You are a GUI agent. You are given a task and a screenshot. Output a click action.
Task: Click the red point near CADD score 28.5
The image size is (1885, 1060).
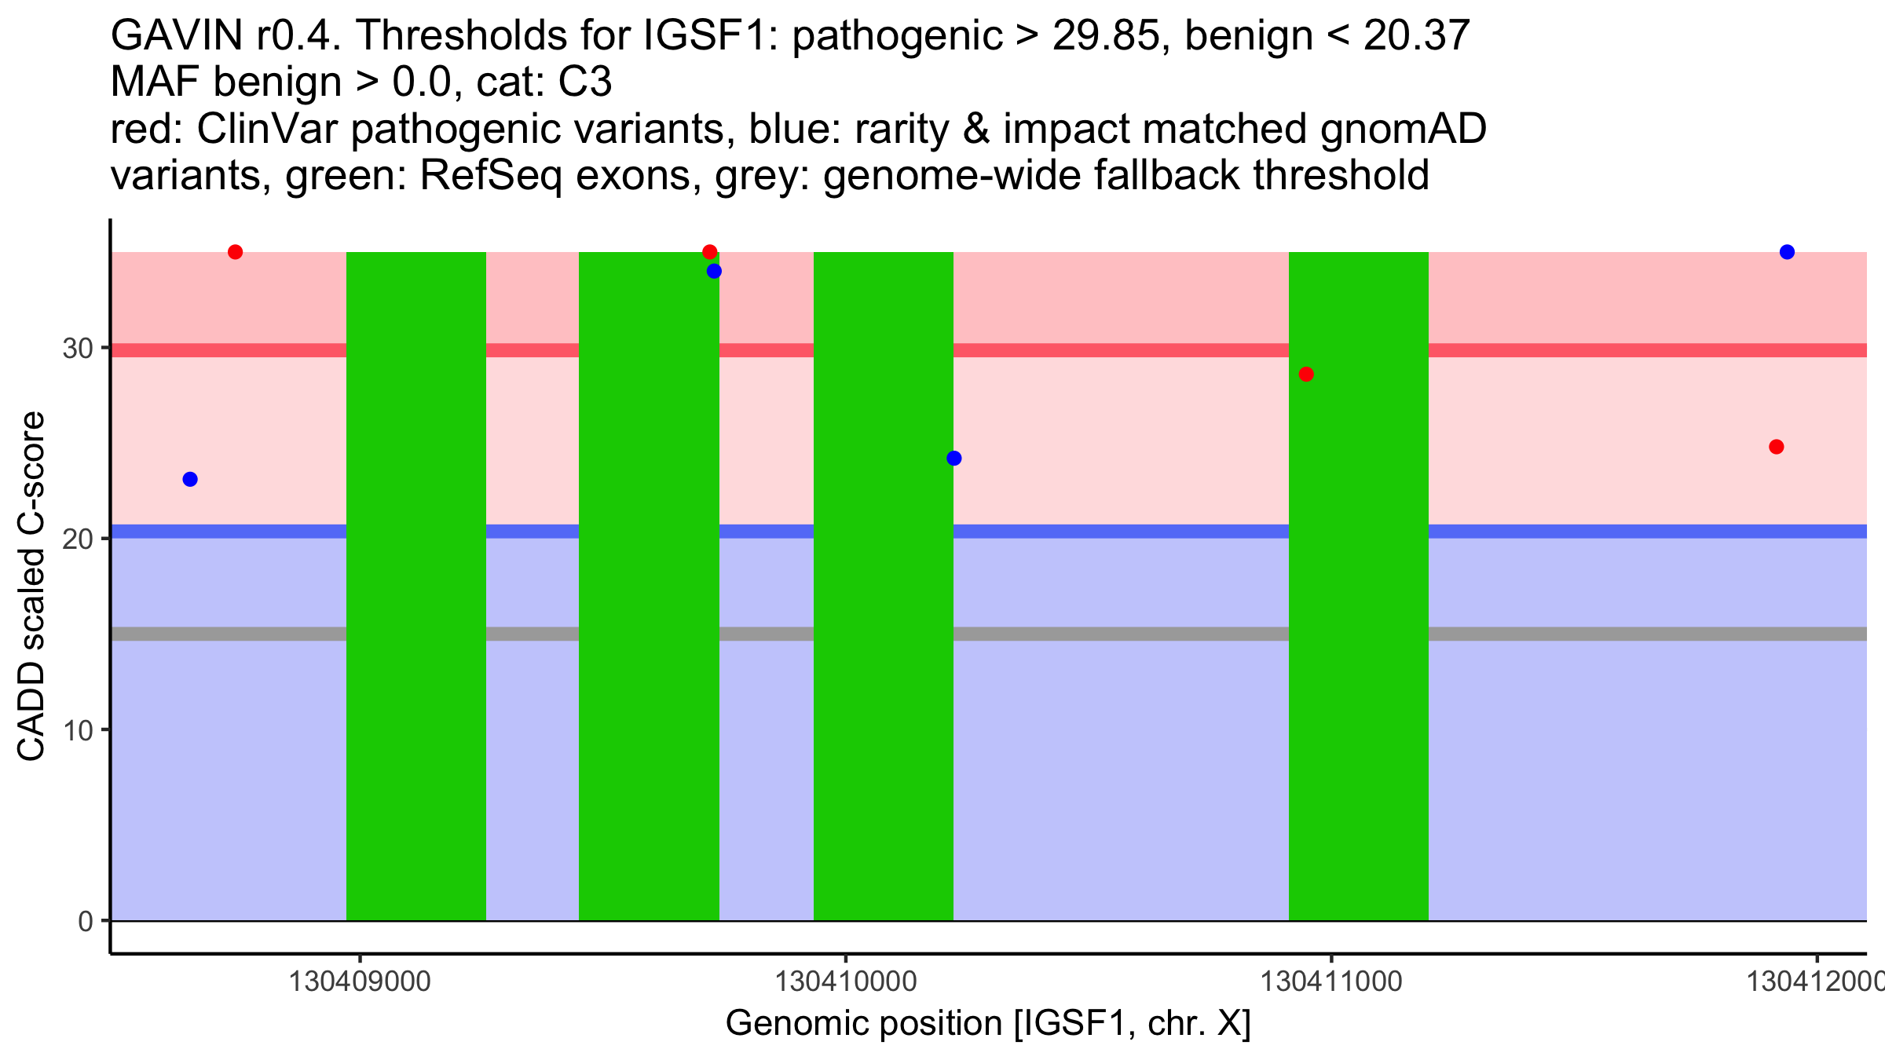tap(1306, 375)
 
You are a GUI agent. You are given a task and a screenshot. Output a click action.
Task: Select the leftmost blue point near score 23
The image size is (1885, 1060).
tap(190, 479)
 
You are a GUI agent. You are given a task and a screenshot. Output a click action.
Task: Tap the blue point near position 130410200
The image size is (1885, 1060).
tap(954, 459)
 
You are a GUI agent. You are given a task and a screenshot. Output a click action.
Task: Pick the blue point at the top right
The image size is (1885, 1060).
tap(1788, 252)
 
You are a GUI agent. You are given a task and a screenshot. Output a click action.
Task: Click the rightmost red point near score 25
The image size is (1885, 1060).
tap(1777, 447)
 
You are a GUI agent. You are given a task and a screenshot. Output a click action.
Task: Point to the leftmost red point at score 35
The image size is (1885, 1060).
tap(235, 252)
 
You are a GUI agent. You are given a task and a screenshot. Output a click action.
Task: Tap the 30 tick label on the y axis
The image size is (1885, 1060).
tap(78, 349)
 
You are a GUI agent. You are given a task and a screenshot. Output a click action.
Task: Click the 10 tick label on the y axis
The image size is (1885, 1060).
tap(78, 730)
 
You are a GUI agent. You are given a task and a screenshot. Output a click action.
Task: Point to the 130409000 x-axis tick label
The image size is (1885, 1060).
tap(360, 981)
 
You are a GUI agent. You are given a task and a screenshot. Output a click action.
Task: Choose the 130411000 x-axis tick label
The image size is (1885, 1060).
tap(1331, 981)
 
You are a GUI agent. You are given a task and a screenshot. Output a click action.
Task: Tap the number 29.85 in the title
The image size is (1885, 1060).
tap(1104, 36)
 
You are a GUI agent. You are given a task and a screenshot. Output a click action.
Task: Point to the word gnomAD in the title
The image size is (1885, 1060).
tap(1403, 130)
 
